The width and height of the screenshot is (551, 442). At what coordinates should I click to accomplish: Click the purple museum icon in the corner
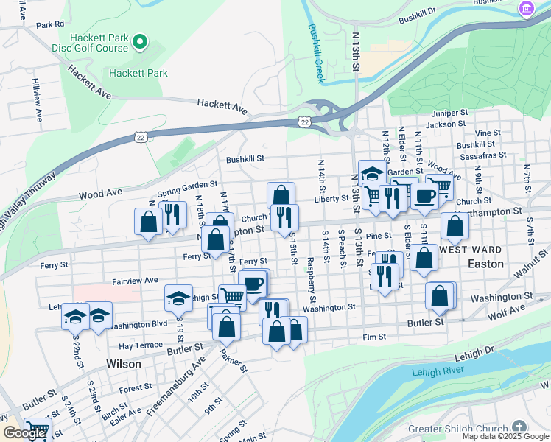tap(527, 8)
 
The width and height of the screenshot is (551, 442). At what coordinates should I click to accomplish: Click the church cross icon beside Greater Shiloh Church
tap(519, 428)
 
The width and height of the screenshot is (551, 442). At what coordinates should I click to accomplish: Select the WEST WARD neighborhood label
tap(471, 250)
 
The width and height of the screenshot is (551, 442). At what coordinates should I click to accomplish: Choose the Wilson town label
tap(124, 364)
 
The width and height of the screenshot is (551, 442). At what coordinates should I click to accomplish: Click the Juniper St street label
tap(450, 113)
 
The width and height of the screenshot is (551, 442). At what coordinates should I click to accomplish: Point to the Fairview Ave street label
tap(135, 281)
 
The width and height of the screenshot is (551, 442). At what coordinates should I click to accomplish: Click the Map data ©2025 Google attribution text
tap(505, 436)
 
